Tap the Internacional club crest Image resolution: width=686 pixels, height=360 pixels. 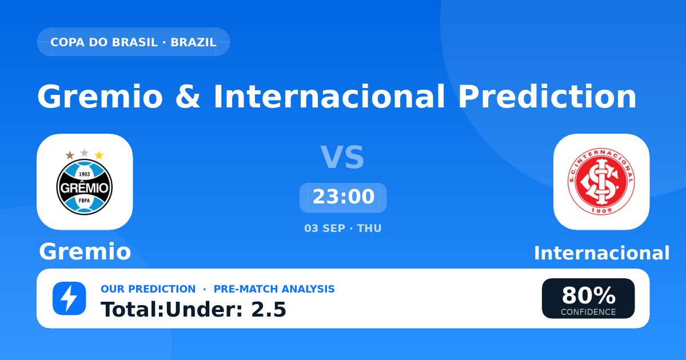tap(601, 182)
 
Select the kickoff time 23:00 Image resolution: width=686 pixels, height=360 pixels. tap(344, 197)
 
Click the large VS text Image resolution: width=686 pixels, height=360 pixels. tap(342, 157)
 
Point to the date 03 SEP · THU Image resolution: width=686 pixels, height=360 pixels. tap(343, 229)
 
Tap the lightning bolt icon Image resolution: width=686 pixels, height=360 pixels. tap(69, 298)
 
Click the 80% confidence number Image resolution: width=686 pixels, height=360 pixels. tap(588, 295)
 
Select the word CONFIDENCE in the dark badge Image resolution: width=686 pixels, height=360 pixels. tap(588, 312)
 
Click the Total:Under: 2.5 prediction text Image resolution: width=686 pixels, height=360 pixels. tap(194, 310)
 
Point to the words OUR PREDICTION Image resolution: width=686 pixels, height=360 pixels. tap(148, 289)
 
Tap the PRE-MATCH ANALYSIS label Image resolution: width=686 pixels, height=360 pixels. tap(274, 289)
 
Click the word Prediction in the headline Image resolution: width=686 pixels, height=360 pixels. tap(547, 97)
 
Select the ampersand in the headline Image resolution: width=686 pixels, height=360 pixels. tap(188, 97)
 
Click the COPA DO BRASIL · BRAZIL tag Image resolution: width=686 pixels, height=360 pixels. tap(133, 42)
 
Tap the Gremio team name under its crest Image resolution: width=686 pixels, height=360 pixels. tap(85, 251)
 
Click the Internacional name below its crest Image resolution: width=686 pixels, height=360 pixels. tap(601, 253)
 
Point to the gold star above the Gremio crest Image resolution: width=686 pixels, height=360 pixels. tap(99, 155)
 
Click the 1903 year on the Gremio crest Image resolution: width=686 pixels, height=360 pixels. tap(85, 174)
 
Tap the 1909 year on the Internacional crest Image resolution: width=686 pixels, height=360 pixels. tap(601, 210)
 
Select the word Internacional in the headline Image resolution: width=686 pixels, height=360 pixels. tap(329, 97)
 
